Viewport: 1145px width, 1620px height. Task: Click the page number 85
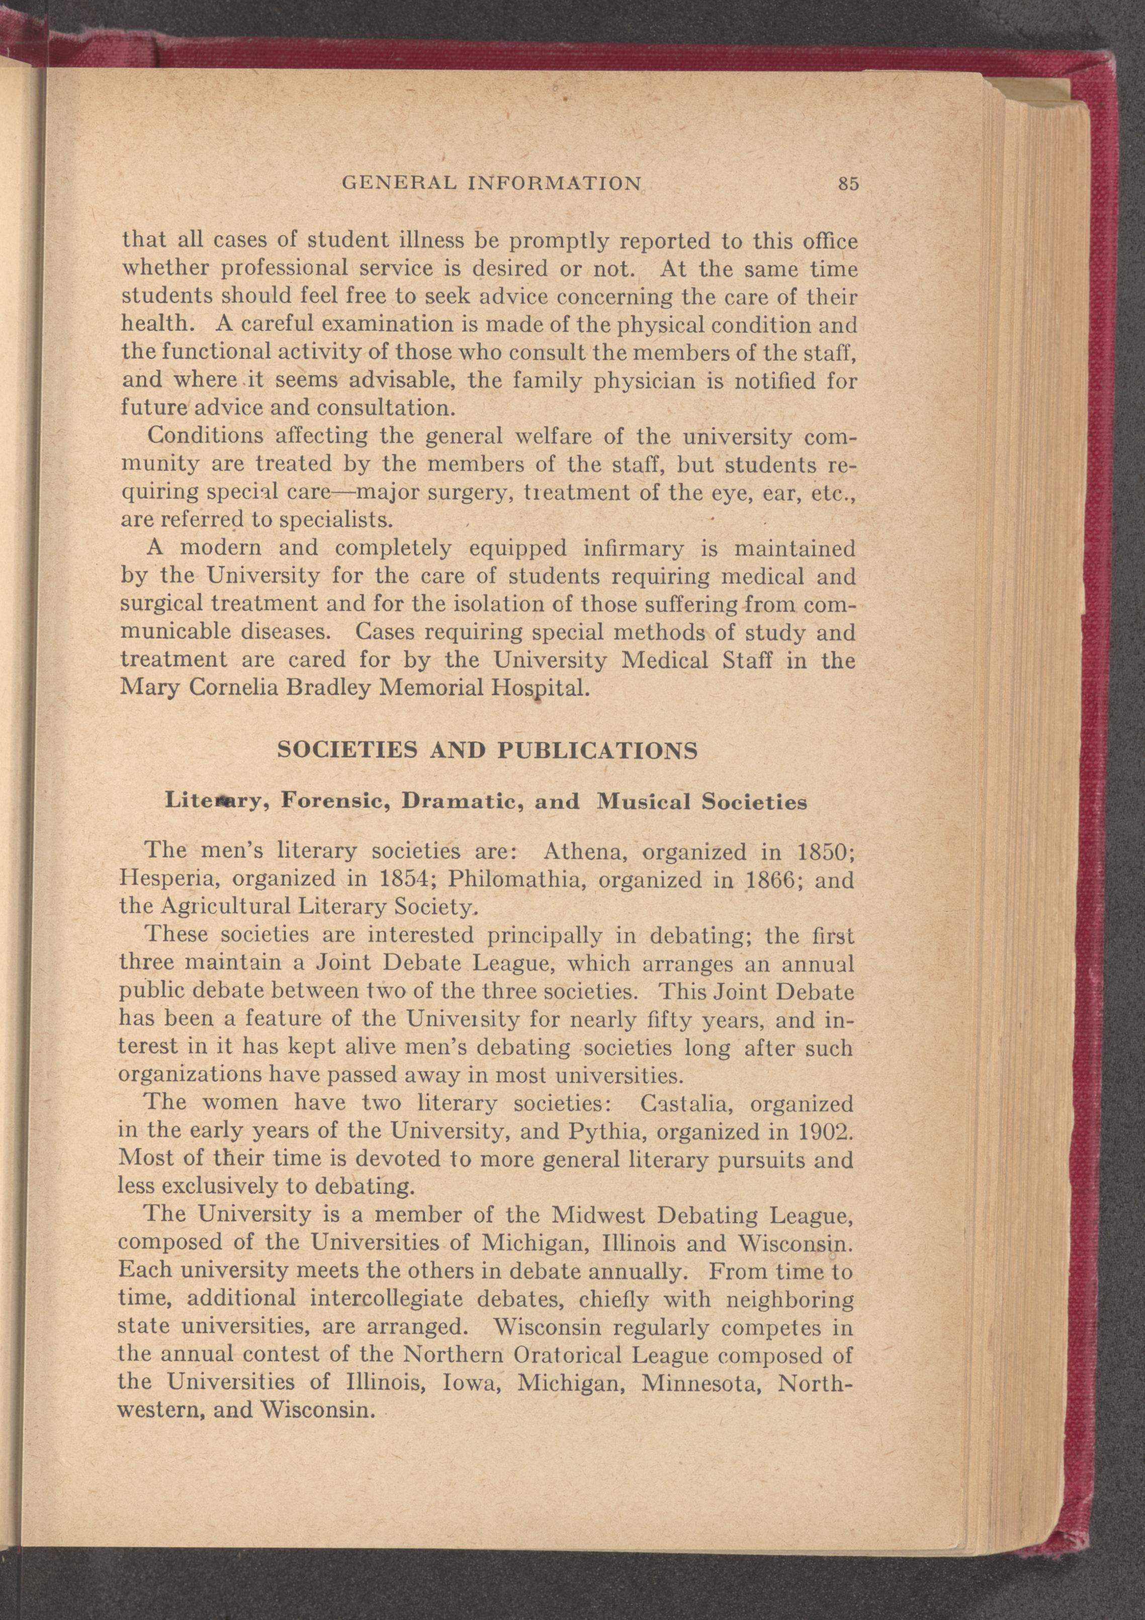tap(847, 184)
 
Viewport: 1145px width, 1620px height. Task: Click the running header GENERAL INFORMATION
tap(491, 184)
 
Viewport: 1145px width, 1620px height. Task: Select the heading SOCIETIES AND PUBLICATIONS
tap(488, 750)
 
